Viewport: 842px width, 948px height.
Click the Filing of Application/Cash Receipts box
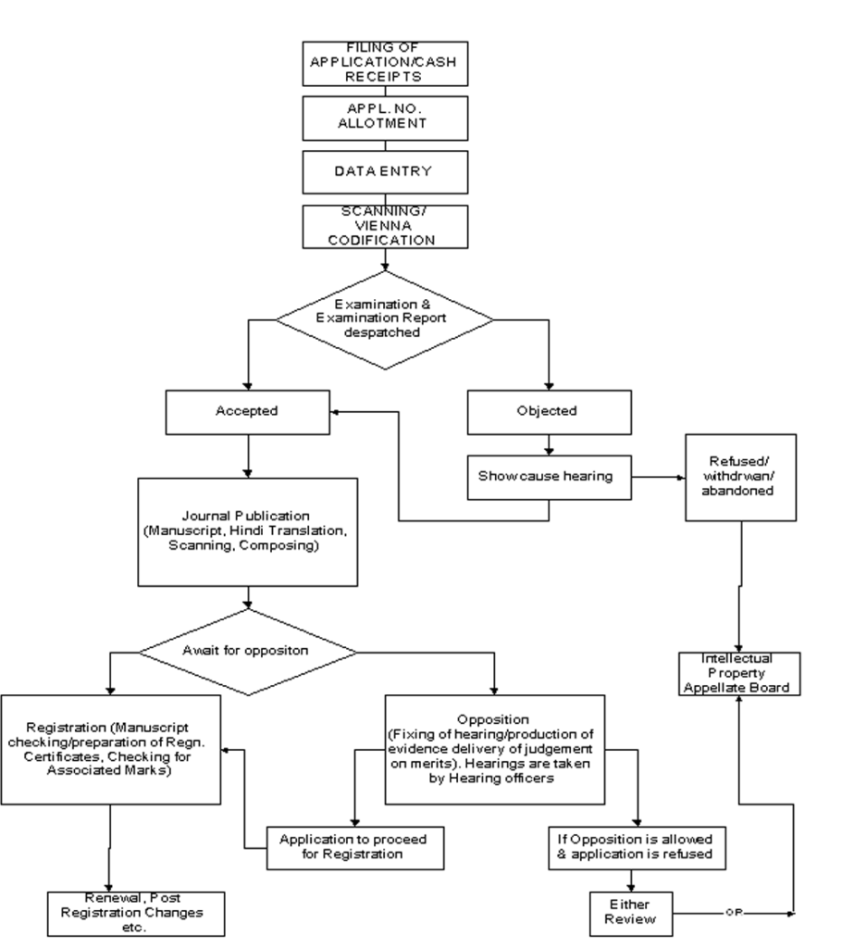[x=385, y=64]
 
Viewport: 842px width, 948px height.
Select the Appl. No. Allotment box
[x=385, y=118]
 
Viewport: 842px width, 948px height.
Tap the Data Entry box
[x=385, y=172]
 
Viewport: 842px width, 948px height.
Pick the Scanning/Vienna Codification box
[x=385, y=227]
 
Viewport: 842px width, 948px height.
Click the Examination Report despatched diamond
[x=385, y=319]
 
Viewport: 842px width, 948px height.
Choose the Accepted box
[x=248, y=412]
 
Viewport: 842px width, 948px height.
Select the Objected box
[x=550, y=412]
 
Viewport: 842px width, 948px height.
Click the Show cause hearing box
[x=550, y=478]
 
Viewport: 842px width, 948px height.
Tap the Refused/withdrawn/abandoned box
[x=740, y=478]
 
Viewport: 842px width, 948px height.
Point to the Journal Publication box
[x=248, y=532]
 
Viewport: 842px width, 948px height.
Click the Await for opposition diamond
[x=248, y=652]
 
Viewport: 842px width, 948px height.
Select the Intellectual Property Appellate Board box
[x=739, y=674]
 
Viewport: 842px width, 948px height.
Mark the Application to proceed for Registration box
[x=355, y=848]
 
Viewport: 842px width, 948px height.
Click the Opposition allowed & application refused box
[x=638, y=848]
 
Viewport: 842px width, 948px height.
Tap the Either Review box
[x=631, y=914]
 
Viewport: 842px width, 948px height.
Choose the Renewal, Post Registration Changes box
[x=136, y=914]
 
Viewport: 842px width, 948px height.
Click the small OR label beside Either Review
[x=734, y=913]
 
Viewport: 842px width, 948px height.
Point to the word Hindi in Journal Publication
[x=247, y=530]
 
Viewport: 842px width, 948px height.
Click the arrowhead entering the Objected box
[x=549, y=386]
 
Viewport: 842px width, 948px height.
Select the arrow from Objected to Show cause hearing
[x=549, y=445]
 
